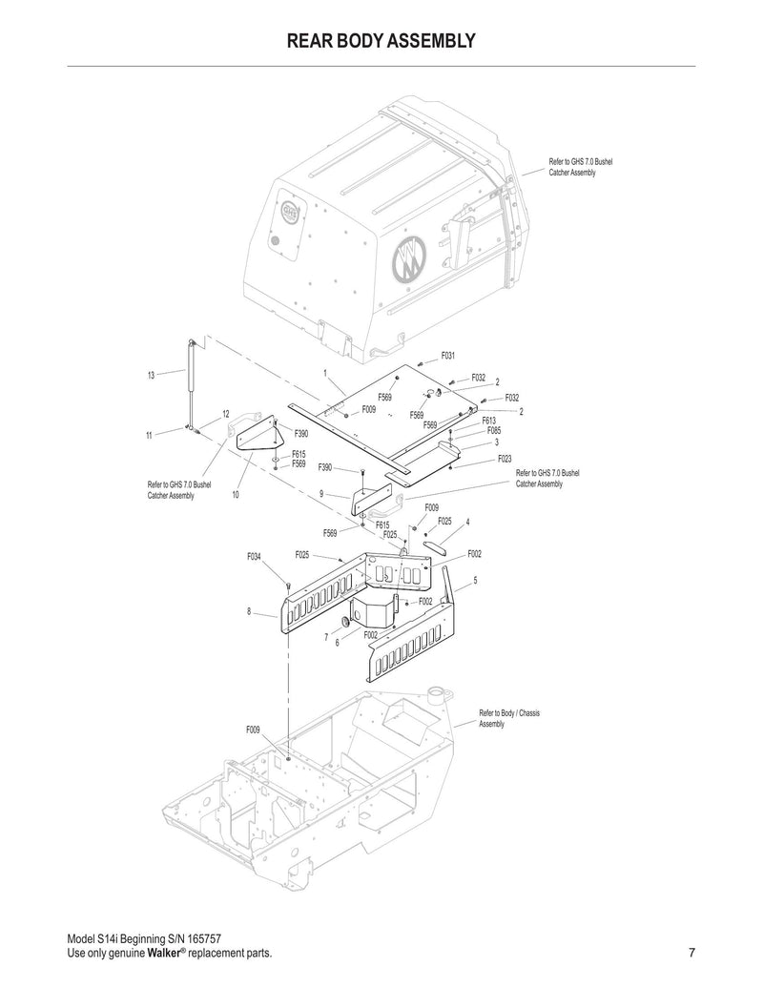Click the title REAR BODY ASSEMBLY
coord(381,41)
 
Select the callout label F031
coord(447,356)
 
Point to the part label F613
coord(488,421)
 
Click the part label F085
coord(494,431)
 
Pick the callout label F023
coord(505,459)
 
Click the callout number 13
coord(151,375)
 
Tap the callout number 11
coord(150,435)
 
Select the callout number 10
coord(235,495)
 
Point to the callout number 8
coord(249,611)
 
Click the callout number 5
coord(475,580)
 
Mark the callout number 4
coord(468,522)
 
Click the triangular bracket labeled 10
coord(256,442)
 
